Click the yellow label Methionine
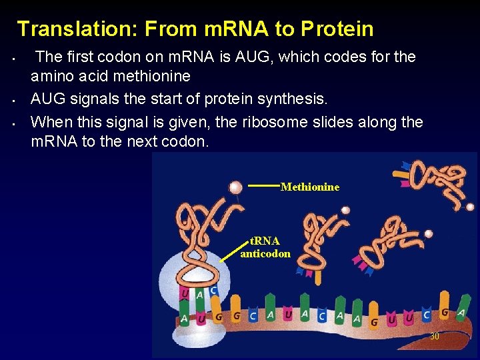310,187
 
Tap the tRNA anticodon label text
265,247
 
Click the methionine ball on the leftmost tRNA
235,187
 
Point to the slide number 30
434,337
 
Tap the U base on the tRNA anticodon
185,294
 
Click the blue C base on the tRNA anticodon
213,290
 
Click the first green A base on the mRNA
184,319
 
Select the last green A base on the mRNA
461,313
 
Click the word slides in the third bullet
305,122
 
